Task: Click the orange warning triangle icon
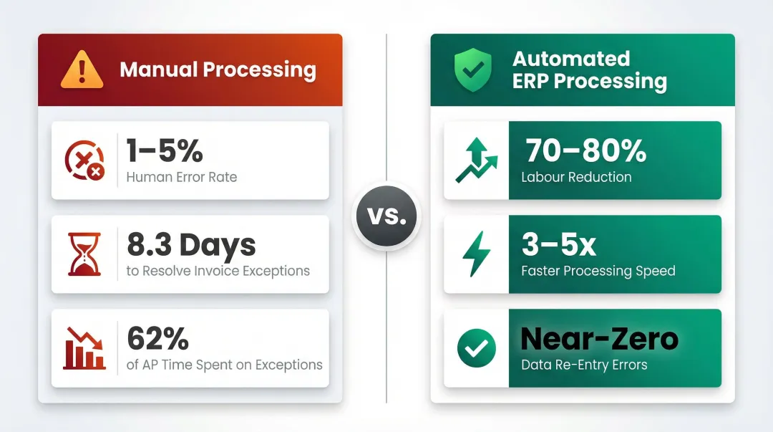coord(82,69)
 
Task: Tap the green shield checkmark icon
coord(472,69)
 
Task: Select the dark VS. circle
coord(386,216)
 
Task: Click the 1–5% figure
coord(165,150)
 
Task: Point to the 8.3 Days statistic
coord(191,245)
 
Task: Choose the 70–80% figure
coord(585,150)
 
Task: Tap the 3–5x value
coord(558,245)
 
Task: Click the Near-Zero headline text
coord(599,339)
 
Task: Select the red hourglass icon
coord(84,254)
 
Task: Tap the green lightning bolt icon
coord(475,254)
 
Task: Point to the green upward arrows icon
coord(475,160)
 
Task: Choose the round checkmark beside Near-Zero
coord(476,348)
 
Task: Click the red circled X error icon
coord(84,160)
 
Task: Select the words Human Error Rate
coord(181,177)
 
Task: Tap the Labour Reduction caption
coord(576,177)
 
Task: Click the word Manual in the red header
coord(158,69)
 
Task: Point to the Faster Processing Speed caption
coord(598,271)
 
